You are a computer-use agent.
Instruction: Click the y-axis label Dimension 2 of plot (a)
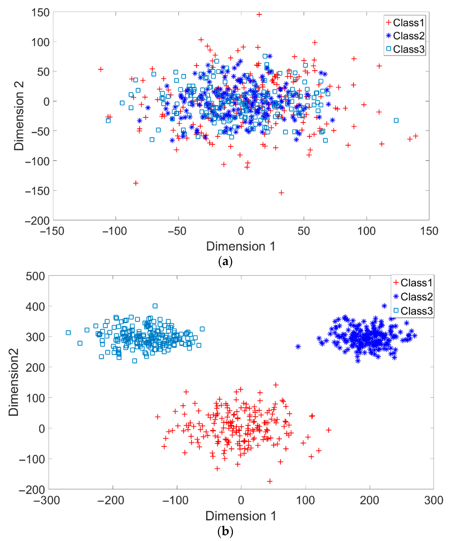pyautogui.click(x=19, y=116)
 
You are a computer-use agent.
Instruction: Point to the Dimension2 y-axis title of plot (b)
pyautogui.click(x=13, y=382)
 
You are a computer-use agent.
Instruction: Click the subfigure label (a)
pyautogui.click(x=225, y=261)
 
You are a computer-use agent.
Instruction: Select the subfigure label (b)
pyautogui.click(x=225, y=531)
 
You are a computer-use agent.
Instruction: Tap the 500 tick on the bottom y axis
pyautogui.click(x=35, y=276)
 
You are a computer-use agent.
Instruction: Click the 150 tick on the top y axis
pyautogui.click(x=40, y=13)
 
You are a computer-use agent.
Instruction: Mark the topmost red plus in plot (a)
pyautogui.click(x=259, y=14)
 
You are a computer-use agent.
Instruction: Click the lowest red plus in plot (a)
pyautogui.click(x=281, y=193)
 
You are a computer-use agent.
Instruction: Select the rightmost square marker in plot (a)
pyautogui.click(x=396, y=120)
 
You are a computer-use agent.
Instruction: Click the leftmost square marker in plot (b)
pyautogui.click(x=68, y=333)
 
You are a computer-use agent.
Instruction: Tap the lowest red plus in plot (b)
pyautogui.click(x=270, y=481)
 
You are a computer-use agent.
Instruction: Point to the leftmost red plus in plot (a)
pyautogui.click(x=101, y=69)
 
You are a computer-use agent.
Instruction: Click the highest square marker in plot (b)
pyautogui.click(x=155, y=306)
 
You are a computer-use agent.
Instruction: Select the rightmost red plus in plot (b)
pyautogui.click(x=328, y=430)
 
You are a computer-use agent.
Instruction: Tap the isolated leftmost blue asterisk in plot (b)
pyautogui.click(x=298, y=346)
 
